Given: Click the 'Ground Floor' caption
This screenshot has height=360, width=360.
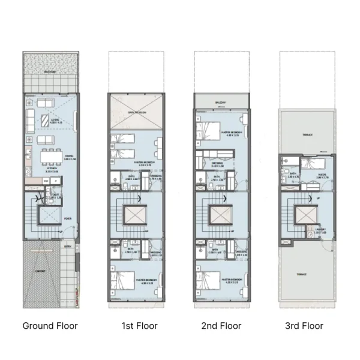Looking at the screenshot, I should (x=50, y=326).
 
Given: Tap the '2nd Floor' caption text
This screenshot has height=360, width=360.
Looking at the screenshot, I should (x=222, y=326).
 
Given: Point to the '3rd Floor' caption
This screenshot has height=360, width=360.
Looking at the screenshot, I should (x=304, y=326).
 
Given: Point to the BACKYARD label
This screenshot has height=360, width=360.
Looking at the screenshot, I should (x=50, y=72).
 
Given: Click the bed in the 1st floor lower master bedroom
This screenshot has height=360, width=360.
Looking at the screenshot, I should (x=124, y=280).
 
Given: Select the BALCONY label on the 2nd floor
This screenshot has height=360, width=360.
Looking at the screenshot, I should (x=221, y=103).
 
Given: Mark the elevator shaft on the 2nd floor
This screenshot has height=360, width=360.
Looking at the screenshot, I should (x=220, y=215).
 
